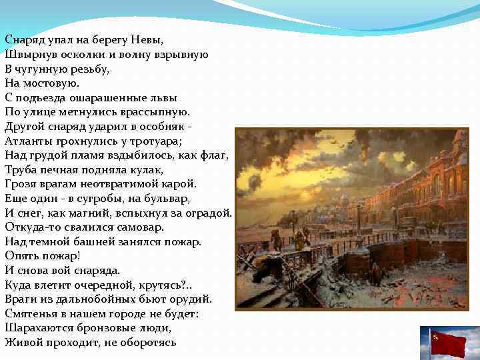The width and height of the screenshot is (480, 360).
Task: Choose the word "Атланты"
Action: pos(26,141)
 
